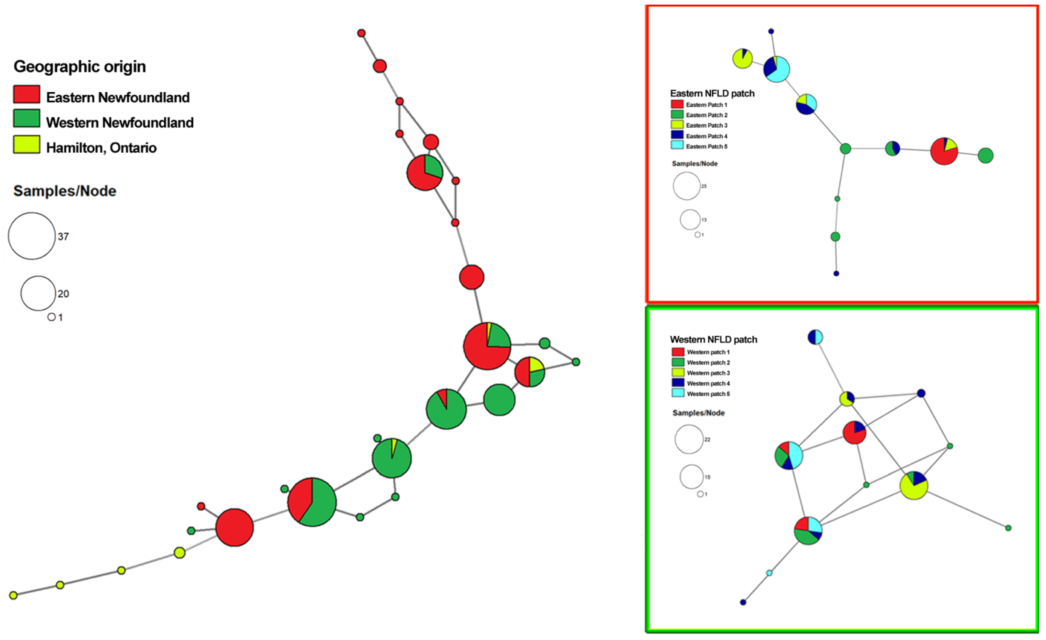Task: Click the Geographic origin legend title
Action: click(x=80, y=67)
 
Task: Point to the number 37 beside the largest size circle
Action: click(x=63, y=237)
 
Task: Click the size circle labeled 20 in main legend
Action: click(x=38, y=293)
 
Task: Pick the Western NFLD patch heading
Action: click(x=713, y=340)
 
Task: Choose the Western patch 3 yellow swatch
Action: click(x=678, y=372)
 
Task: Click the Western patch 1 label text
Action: click(x=708, y=352)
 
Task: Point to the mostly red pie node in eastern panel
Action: click(x=943, y=151)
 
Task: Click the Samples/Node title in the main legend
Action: click(x=65, y=191)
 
